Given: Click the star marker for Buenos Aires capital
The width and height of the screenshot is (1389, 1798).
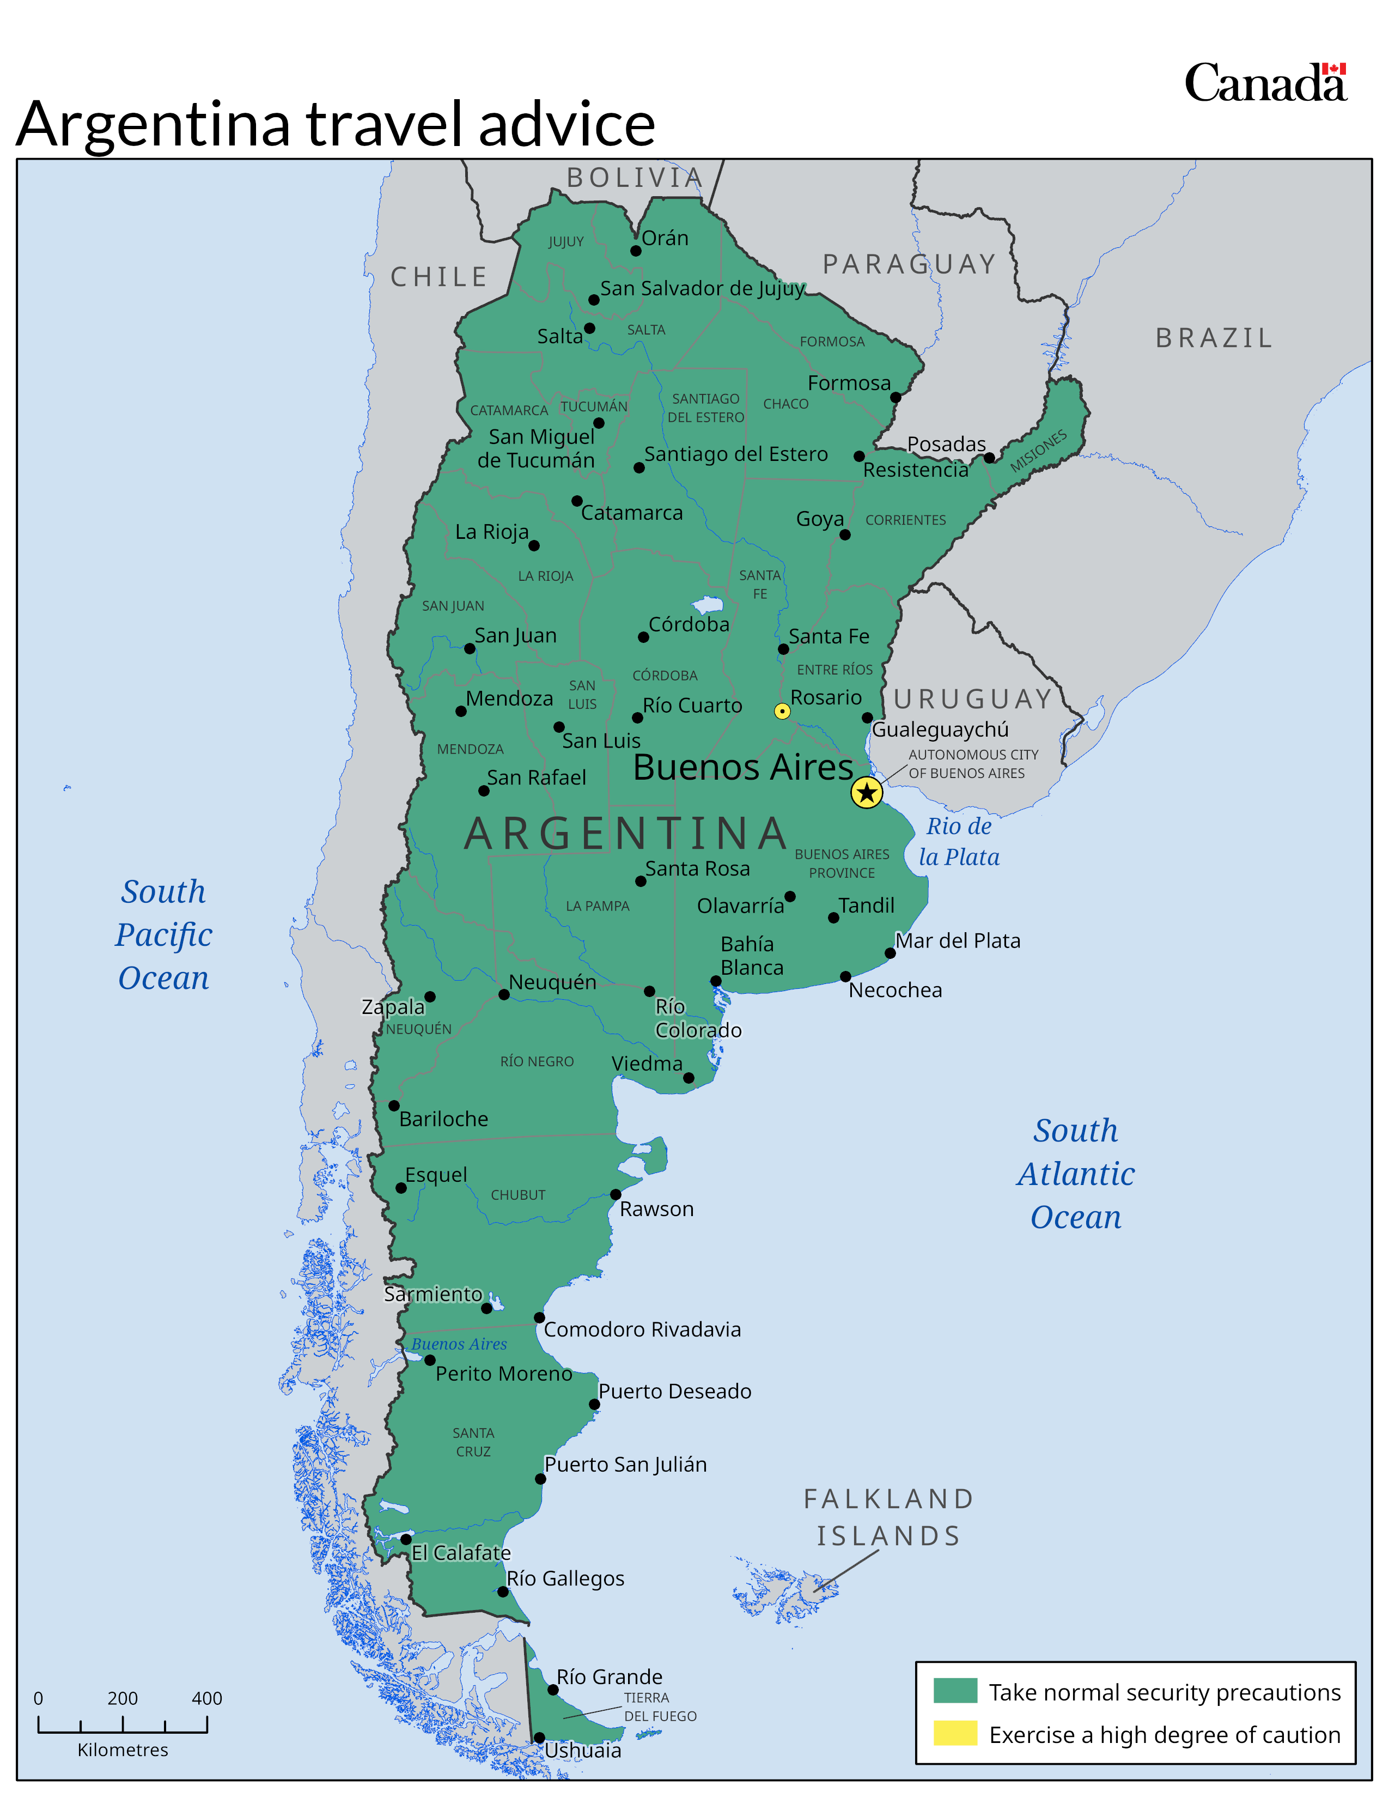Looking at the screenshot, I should [867, 793].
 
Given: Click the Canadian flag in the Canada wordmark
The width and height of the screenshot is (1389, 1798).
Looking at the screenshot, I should [1334, 70].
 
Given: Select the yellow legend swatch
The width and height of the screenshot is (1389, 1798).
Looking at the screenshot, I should [954, 1733].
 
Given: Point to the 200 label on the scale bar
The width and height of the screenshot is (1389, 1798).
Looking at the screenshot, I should [123, 1698].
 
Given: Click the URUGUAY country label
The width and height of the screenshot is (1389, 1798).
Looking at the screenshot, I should [973, 699].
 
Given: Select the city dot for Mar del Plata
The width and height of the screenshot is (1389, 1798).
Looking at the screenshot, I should [890, 953].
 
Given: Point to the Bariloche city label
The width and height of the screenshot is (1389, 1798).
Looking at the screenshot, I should [443, 1119].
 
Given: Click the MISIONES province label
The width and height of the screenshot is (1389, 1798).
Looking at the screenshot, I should [1038, 451].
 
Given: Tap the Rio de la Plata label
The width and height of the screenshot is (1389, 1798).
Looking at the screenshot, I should [959, 841].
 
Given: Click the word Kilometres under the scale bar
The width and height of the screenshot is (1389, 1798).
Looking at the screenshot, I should [123, 1750].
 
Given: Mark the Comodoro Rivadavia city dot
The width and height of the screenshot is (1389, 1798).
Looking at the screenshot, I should [539, 1317].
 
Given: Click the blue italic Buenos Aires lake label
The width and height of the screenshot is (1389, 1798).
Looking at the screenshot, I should [459, 1344].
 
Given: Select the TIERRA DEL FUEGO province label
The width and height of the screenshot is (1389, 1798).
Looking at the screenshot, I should [659, 1706].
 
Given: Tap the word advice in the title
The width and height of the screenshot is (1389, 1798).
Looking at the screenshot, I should [566, 124].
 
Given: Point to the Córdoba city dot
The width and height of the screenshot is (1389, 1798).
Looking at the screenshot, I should [643, 637].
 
